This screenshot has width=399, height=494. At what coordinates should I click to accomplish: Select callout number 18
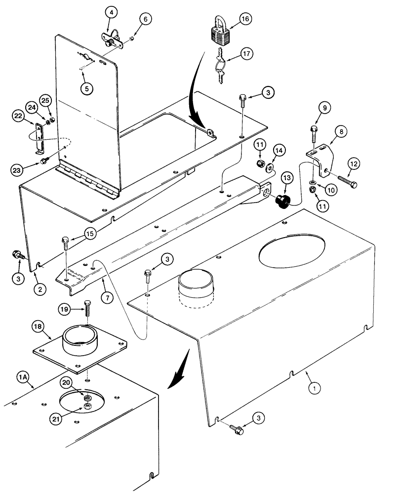pos(38,327)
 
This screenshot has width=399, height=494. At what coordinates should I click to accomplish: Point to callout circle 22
pos(18,116)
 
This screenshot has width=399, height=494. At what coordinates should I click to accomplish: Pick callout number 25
pos(45,101)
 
